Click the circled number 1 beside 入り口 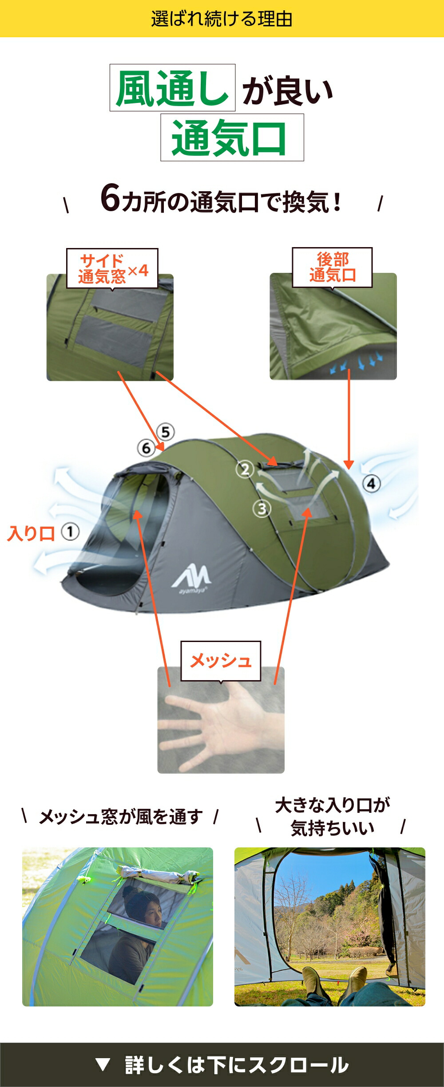pyautogui.click(x=70, y=532)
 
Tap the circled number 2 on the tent pyautogui.click(x=245, y=469)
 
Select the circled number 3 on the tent pyautogui.click(x=262, y=509)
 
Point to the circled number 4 pyautogui.click(x=371, y=483)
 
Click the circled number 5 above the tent pyautogui.click(x=166, y=432)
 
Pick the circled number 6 pyautogui.click(x=146, y=448)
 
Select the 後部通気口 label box pyautogui.click(x=332, y=268)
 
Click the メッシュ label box pyautogui.click(x=221, y=661)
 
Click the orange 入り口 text pyautogui.click(x=31, y=533)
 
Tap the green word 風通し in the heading pyautogui.click(x=172, y=88)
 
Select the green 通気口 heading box pyautogui.click(x=232, y=138)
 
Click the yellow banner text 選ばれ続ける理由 pyautogui.click(x=222, y=19)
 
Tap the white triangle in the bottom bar pyautogui.click(x=103, y=1064)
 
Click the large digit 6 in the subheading pyautogui.click(x=111, y=198)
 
